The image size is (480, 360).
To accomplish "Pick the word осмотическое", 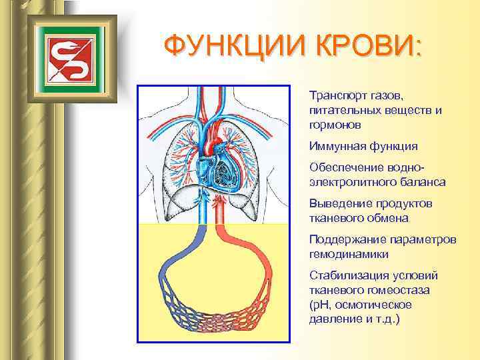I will pos(376,305).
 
